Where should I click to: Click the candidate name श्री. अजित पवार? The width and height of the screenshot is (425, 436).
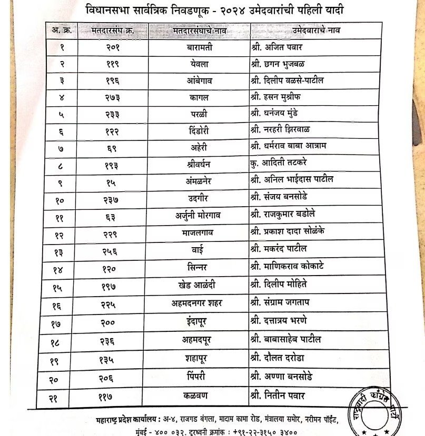[x=282, y=48]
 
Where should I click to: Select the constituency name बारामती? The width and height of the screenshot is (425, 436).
[x=199, y=48]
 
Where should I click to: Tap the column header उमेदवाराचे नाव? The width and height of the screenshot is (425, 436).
[x=316, y=31]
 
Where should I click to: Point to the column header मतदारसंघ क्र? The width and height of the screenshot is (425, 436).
[x=112, y=31]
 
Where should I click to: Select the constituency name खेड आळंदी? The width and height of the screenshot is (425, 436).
[x=199, y=286]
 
